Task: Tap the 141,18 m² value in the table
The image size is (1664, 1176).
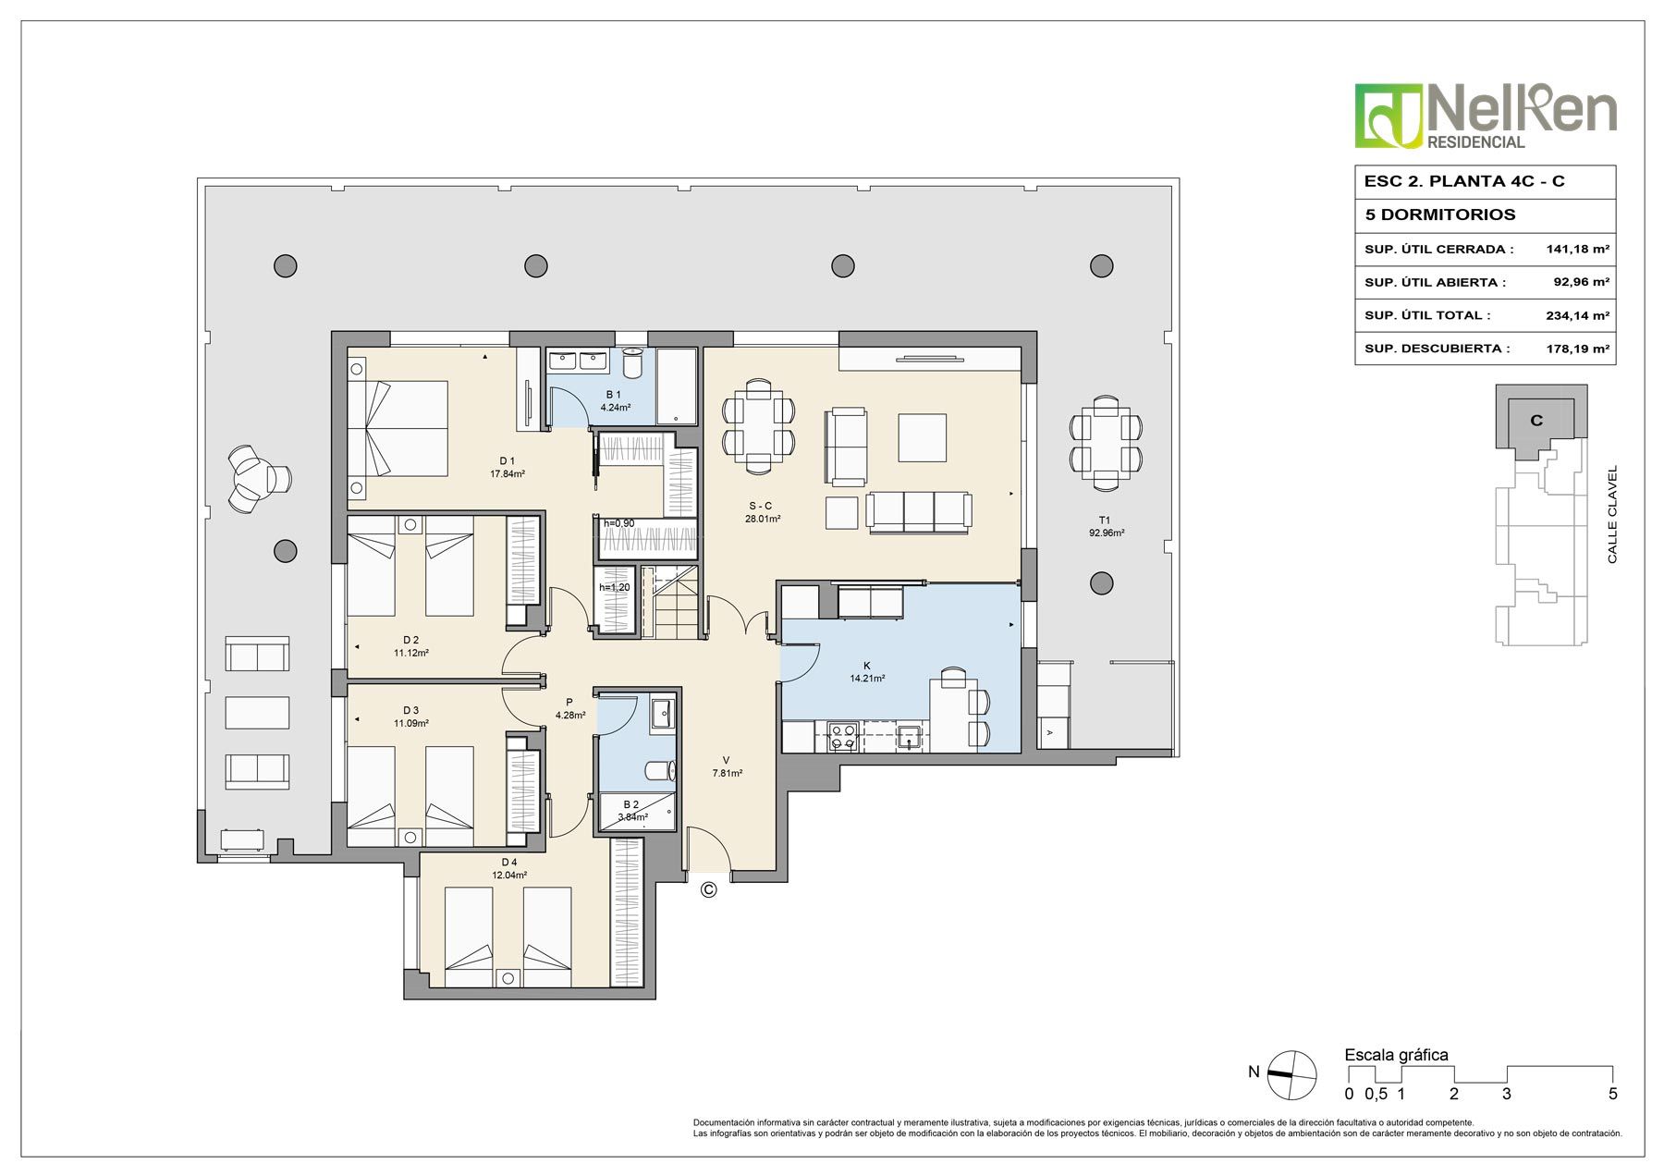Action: (1578, 249)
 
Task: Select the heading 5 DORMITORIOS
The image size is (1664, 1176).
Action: (1440, 214)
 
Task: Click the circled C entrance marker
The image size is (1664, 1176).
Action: (708, 889)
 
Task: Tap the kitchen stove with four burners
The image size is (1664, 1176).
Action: (842, 736)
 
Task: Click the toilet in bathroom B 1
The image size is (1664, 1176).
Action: (632, 363)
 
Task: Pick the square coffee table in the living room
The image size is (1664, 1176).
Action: (923, 437)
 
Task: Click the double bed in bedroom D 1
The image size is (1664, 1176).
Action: (398, 429)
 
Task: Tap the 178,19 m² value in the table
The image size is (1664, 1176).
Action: (1578, 349)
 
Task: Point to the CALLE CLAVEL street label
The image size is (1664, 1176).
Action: (1612, 515)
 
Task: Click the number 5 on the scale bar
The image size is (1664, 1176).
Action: (1613, 1095)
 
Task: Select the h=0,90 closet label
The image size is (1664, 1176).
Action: (619, 523)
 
